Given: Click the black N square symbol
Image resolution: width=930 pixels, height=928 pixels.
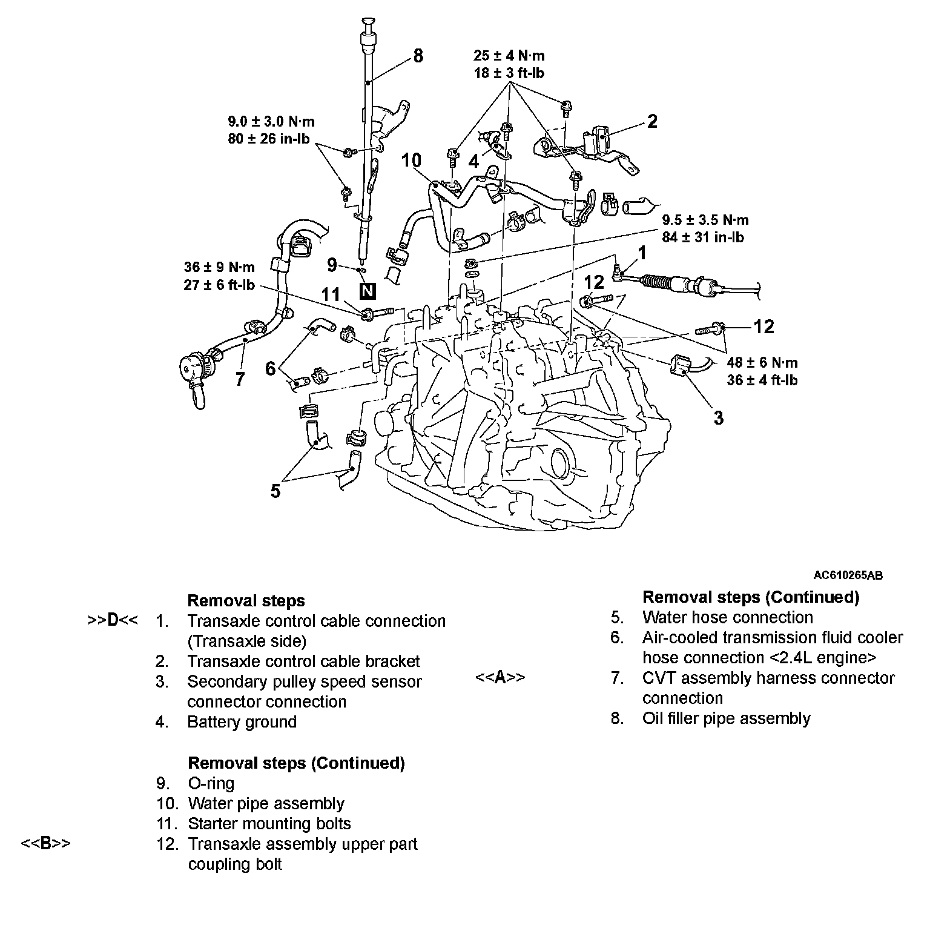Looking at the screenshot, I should [367, 291].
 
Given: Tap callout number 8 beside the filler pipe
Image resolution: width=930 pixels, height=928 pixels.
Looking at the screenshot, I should [418, 56].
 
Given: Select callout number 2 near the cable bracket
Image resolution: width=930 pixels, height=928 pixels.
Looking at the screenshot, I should [651, 121].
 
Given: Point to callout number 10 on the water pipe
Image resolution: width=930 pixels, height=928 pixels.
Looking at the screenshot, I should [411, 161].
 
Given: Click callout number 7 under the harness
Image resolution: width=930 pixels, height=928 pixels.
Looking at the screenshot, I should [240, 379].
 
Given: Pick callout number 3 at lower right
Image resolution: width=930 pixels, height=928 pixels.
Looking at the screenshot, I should [718, 417].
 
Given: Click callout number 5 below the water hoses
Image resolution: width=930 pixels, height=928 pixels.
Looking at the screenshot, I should [275, 491].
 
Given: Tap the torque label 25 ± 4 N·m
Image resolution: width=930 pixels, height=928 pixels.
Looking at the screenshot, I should [509, 56].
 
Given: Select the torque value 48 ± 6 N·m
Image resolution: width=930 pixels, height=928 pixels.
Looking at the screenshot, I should [762, 363].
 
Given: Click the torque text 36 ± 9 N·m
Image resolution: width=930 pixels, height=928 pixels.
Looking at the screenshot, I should [219, 267].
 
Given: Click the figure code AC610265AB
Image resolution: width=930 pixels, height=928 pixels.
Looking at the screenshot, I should [848, 575].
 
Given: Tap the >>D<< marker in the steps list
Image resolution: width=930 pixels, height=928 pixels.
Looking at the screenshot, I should [113, 621].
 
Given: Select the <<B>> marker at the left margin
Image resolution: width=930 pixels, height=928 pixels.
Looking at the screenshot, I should [45, 843].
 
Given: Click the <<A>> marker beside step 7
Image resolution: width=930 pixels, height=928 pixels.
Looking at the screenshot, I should [500, 677].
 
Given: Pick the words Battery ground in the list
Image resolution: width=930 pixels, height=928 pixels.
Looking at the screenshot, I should [242, 722].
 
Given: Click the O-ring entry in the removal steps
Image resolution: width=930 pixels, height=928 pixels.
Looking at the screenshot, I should [211, 783].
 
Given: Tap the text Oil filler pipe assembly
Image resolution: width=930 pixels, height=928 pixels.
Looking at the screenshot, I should [726, 718].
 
